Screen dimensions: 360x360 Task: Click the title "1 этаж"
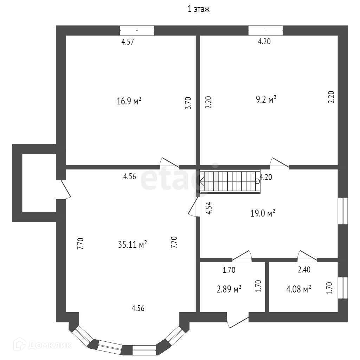click(199, 9)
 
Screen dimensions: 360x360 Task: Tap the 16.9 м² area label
click(129, 102)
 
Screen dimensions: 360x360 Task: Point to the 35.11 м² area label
click(133, 244)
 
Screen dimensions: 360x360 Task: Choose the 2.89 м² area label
click(229, 289)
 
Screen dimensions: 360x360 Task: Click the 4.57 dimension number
click(128, 42)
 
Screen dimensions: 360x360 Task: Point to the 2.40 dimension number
click(304, 270)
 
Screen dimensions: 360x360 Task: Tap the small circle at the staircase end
click(257, 181)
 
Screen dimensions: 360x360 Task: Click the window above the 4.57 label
click(137, 30)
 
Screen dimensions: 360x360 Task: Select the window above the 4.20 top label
click(265, 30)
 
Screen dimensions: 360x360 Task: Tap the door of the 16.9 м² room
click(169, 163)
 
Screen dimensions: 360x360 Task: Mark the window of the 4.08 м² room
click(343, 288)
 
